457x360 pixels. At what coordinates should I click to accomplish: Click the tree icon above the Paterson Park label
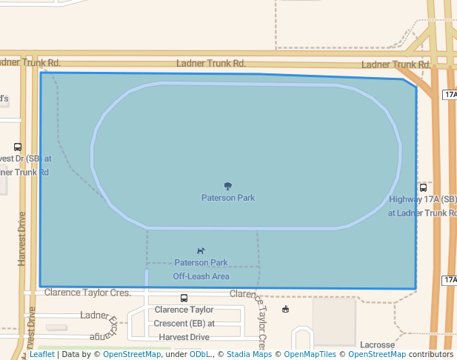tap(227, 186)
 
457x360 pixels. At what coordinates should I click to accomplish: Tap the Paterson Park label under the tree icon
tap(228, 198)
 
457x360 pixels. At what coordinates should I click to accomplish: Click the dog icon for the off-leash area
tap(201, 251)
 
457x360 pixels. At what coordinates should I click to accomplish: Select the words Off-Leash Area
tap(201, 276)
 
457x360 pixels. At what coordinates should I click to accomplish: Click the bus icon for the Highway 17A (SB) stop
tap(423, 187)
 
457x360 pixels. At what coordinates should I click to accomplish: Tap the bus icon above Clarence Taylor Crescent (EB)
tap(184, 298)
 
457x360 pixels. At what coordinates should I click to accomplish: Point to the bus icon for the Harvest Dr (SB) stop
tap(18, 147)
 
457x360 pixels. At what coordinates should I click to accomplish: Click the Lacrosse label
tap(377, 344)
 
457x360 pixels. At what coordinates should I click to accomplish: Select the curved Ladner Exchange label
tap(104, 325)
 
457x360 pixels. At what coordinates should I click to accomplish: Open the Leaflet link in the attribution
tap(41, 354)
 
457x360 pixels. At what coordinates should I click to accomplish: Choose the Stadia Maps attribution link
tap(248, 354)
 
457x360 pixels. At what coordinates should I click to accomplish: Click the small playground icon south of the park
tap(286, 309)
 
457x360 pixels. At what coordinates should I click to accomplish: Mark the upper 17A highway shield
tap(450, 95)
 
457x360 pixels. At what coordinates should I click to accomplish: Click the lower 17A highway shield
tap(450, 280)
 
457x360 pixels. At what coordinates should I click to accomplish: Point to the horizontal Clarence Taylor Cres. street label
tap(87, 293)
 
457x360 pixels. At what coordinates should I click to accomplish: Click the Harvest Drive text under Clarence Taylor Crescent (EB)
tap(181, 336)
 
